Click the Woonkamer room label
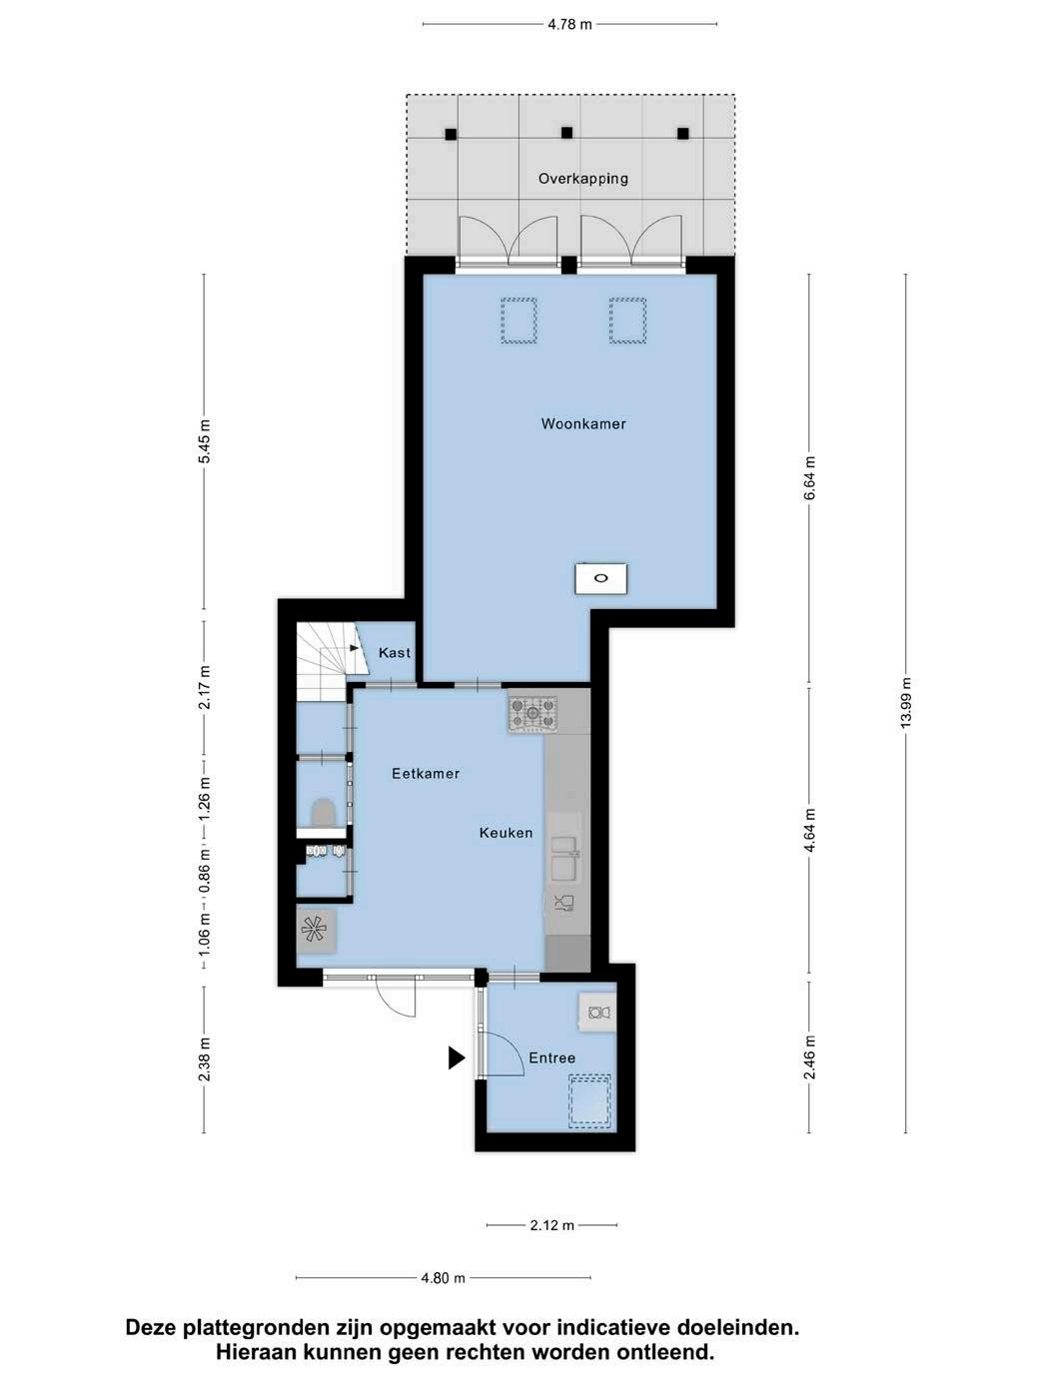(x=583, y=423)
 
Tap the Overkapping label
(x=583, y=179)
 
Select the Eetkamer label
(x=426, y=773)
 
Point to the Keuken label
(x=506, y=833)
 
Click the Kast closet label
(x=395, y=653)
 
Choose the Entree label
(x=552, y=1057)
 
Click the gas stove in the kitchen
(x=532, y=712)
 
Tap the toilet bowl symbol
(x=324, y=812)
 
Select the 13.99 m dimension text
(x=905, y=703)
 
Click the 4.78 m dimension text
(x=569, y=25)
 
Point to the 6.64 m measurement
(x=809, y=478)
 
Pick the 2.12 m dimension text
(x=552, y=1225)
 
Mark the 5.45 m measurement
(x=205, y=440)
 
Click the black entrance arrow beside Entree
(x=457, y=1057)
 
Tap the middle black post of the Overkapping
(x=566, y=133)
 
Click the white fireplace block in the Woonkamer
(x=601, y=578)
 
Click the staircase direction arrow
(x=355, y=647)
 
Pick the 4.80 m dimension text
(x=444, y=1278)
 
